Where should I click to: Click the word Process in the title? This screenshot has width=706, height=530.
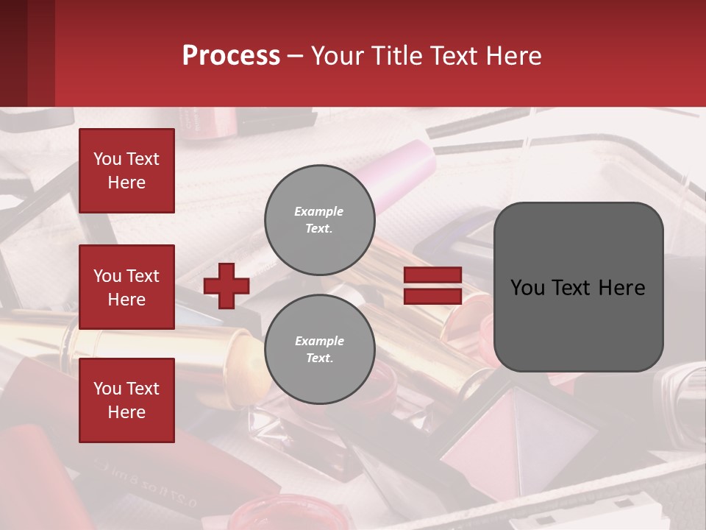point(231,56)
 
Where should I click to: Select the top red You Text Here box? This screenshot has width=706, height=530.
point(126,171)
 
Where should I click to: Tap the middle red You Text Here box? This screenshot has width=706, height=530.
point(126,287)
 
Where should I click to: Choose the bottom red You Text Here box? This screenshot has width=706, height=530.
point(126,400)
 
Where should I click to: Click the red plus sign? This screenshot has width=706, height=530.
point(227,286)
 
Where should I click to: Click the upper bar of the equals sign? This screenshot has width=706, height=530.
point(433,275)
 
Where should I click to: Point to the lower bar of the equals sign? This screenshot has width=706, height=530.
point(433,297)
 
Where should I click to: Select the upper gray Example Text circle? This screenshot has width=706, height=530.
point(320,220)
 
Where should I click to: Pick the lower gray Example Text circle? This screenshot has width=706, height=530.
point(320,350)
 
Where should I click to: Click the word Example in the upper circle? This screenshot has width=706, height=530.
point(319,211)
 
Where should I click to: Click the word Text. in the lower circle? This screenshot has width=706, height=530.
point(319,358)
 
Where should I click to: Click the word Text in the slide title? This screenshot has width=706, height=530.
point(456,56)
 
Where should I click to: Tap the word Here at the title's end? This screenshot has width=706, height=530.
point(516,56)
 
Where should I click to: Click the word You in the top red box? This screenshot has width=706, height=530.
point(107,159)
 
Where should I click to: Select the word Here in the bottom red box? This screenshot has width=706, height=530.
point(126,412)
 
